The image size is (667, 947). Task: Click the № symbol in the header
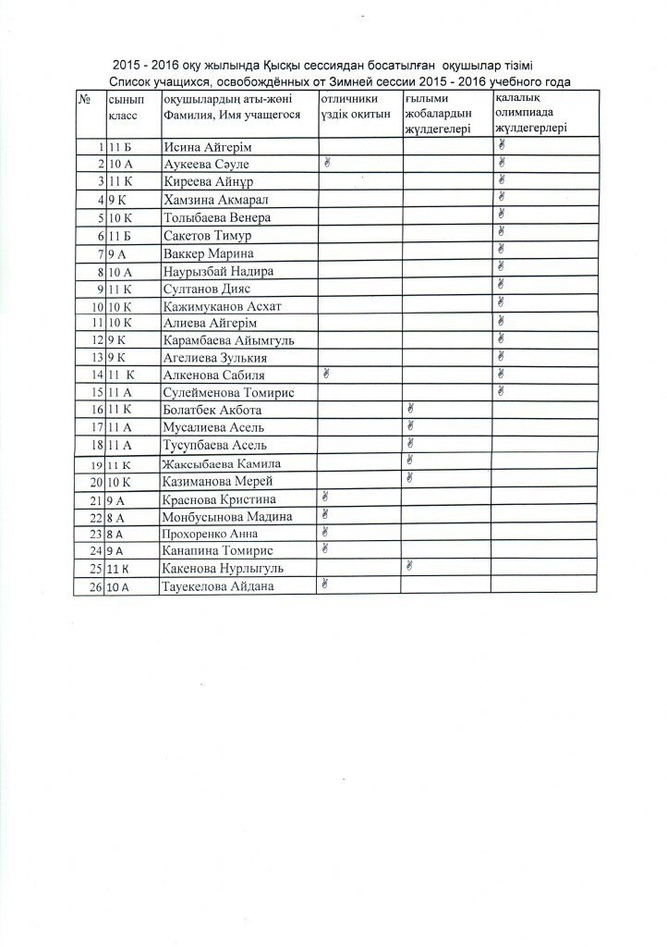pyautogui.click(x=84, y=98)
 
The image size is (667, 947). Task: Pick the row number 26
pyautogui.click(x=93, y=587)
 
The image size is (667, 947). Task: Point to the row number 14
pyautogui.click(x=93, y=375)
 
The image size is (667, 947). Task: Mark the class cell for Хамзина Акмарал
pyautogui.click(x=115, y=200)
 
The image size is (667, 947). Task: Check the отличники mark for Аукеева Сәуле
pyautogui.click(x=326, y=163)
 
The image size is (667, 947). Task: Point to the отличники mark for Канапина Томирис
pyautogui.click(x=325, y=548)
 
